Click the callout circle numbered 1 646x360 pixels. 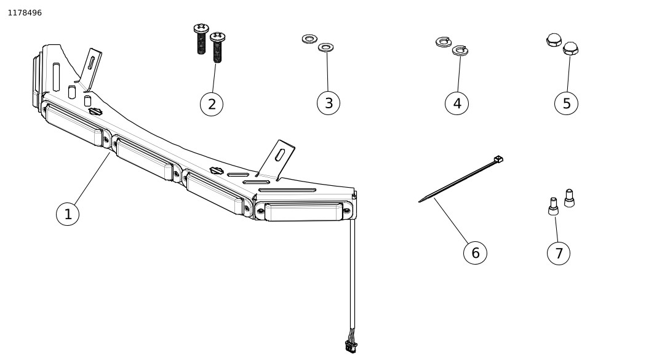[68, 214]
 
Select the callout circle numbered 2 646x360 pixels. [212, 104]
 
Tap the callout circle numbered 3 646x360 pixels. [329, 103]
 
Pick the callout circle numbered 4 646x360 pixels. [457, 103]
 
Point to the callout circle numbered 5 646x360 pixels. [566, 103]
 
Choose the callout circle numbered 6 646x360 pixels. [475, 252]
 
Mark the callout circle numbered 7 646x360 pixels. [558, 253]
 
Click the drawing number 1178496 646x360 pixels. [25, 13]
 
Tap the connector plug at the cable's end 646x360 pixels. [351, 346]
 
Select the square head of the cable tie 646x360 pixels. [498, 159]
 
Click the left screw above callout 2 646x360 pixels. [201, 38]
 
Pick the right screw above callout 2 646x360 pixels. [217, 47]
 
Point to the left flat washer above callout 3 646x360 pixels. [309, 39]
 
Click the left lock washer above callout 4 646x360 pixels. [443, 41]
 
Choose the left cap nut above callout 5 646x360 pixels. [554, 40]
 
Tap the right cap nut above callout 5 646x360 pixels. [570, 49]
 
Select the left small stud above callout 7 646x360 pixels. [553, 207]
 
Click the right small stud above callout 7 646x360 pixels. [569, 198]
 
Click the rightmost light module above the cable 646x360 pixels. [303, 211]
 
